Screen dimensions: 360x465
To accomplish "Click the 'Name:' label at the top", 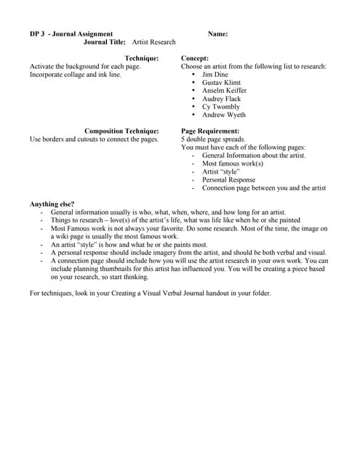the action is pos(217,34).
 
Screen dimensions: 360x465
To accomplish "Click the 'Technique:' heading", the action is pos(142,58).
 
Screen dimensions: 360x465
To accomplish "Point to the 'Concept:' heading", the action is pos(194,58).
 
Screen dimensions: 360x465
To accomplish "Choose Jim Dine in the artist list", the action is pos(215,75).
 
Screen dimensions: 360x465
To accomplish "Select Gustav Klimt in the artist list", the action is pos(221,83).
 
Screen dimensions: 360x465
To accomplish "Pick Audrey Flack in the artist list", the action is pos(221,99).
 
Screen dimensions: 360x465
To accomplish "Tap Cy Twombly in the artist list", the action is pos(220,107).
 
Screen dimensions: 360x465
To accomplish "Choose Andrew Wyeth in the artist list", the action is pos(223,115).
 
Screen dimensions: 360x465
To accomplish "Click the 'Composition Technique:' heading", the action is pos(121,131).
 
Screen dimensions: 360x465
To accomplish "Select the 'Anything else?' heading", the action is pos(52,204).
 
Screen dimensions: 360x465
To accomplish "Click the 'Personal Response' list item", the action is pos(228,179).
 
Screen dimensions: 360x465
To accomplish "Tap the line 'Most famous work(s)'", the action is pos(232,163).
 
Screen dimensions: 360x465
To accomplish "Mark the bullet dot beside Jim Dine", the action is pos(193,75).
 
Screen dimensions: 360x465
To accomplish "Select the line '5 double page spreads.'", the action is pos(213,139).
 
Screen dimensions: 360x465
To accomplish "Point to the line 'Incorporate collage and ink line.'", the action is pos(76,74).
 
